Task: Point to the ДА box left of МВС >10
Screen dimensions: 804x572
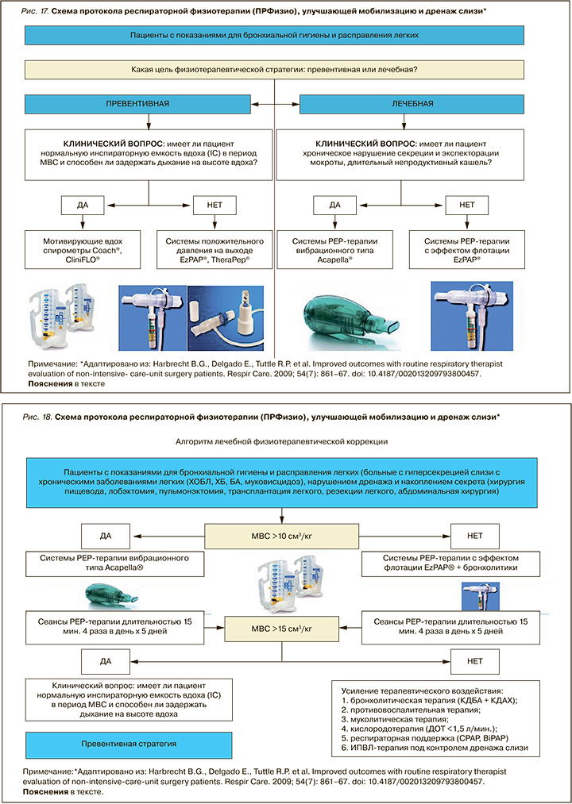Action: click(110, 536)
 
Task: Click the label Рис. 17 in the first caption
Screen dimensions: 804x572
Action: click(37, 11)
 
